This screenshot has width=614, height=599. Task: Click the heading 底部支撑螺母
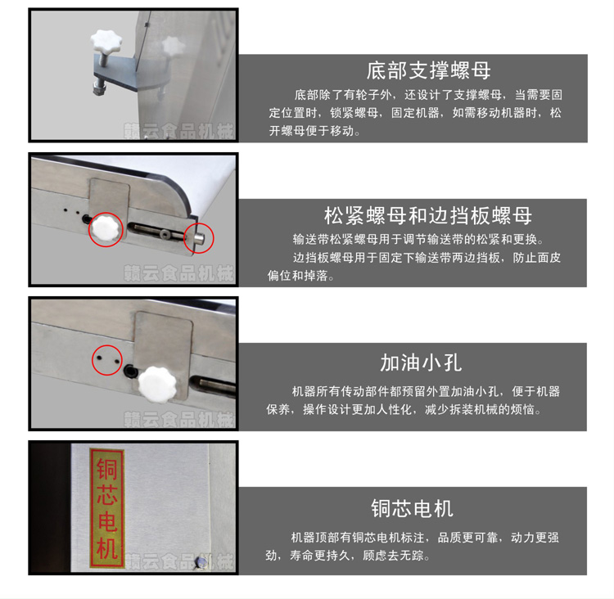[428, 70]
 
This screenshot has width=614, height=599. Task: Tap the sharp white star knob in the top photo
[106, 42]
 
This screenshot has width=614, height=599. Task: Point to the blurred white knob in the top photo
[173, 47]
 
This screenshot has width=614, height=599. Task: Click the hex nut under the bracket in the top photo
[99, 88]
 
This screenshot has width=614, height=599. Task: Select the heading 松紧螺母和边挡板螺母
[428, 215]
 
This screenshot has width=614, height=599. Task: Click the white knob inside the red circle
[106, 229]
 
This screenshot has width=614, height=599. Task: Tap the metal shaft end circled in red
[200, 237]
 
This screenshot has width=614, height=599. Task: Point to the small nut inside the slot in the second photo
[165, 234]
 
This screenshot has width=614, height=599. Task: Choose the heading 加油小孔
[421, 363]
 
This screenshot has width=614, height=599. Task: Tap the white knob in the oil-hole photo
[157, 385]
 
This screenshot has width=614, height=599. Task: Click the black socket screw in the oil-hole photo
[129, 371]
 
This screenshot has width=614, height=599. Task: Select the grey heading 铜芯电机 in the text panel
[412, 508]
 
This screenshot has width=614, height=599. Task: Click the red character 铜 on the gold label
[106, 469]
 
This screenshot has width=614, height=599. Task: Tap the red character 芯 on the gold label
[106, 495]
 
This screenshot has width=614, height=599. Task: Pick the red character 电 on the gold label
[106, 521]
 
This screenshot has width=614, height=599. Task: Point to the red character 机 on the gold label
[106, 548]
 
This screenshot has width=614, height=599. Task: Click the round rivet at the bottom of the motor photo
[202, 562]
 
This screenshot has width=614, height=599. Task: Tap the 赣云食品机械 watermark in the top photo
[178, 131]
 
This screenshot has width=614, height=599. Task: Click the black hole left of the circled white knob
[87, 219]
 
